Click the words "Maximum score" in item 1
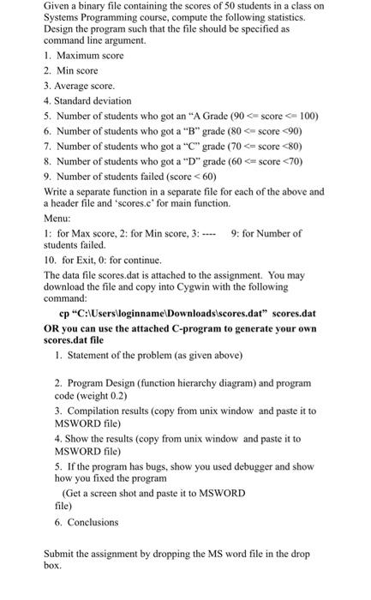[x=90, y=55]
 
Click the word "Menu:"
[x=57, y=219]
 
